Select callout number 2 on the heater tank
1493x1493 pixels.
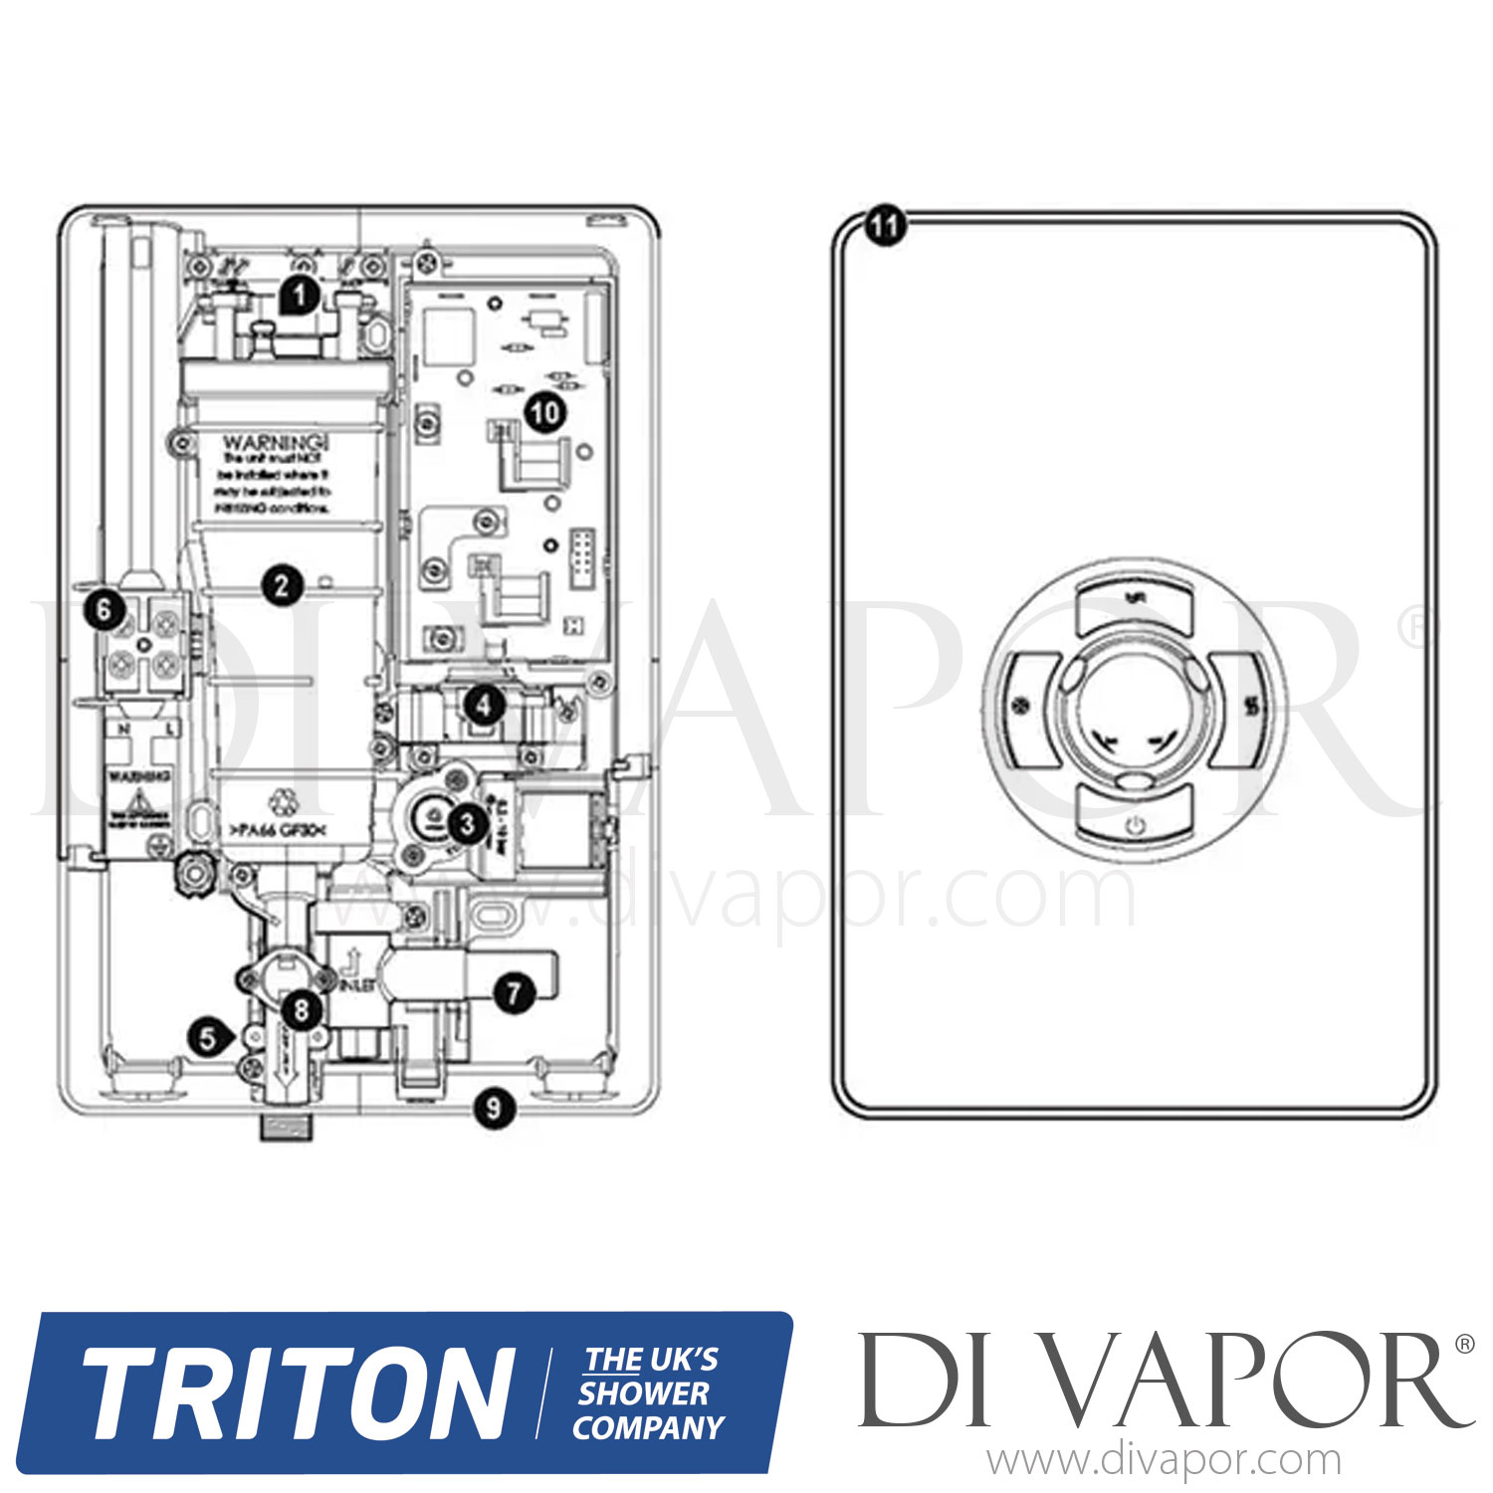click(282, 584)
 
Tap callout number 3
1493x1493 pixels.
click(466, 823)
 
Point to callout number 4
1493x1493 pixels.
click(484, 706)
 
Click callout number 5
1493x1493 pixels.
click(208, 1038)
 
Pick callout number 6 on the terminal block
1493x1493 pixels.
click(106, 608)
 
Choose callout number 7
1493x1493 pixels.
click(514, 992)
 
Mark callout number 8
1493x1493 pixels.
click(301, 1010)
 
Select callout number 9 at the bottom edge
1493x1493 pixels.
click(494, 1107)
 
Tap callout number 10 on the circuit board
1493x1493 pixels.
click(544, 411)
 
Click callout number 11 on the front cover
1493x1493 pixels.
click(884, 225)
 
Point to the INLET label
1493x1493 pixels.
click(356, 985)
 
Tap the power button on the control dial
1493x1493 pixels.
click(1135, 825)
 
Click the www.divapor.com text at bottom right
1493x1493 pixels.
click(1164, 1461)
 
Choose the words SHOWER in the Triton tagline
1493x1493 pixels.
click(644, 1393)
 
